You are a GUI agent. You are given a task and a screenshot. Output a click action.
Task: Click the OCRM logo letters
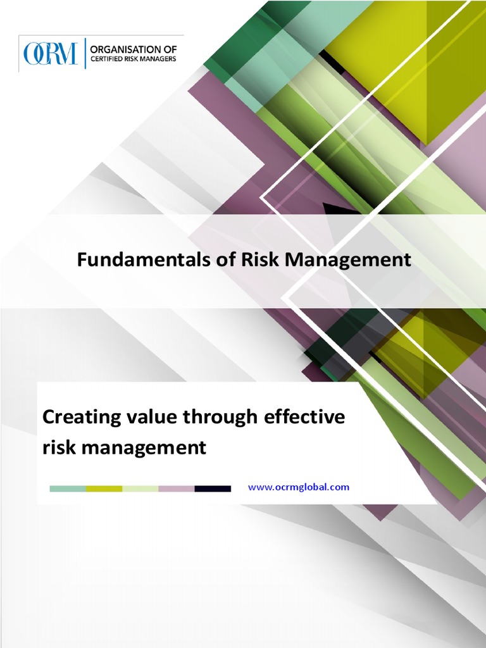(x=50, y=54)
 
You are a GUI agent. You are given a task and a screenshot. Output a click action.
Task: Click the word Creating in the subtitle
(x=81, y=418)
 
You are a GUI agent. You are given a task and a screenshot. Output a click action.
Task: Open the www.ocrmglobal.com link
(x=299, y=487)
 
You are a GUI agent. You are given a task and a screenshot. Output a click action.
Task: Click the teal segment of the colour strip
(x=68, y=489)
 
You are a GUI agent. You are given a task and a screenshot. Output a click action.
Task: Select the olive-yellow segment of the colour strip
(x=104, y=489)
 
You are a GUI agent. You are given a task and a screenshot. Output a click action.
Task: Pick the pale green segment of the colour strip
(x=140, y=489)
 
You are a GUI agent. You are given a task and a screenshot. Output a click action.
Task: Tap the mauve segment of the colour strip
(x=177, y=489)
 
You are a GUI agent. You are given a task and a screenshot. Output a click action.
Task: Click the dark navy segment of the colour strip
(x=213, y=489)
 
